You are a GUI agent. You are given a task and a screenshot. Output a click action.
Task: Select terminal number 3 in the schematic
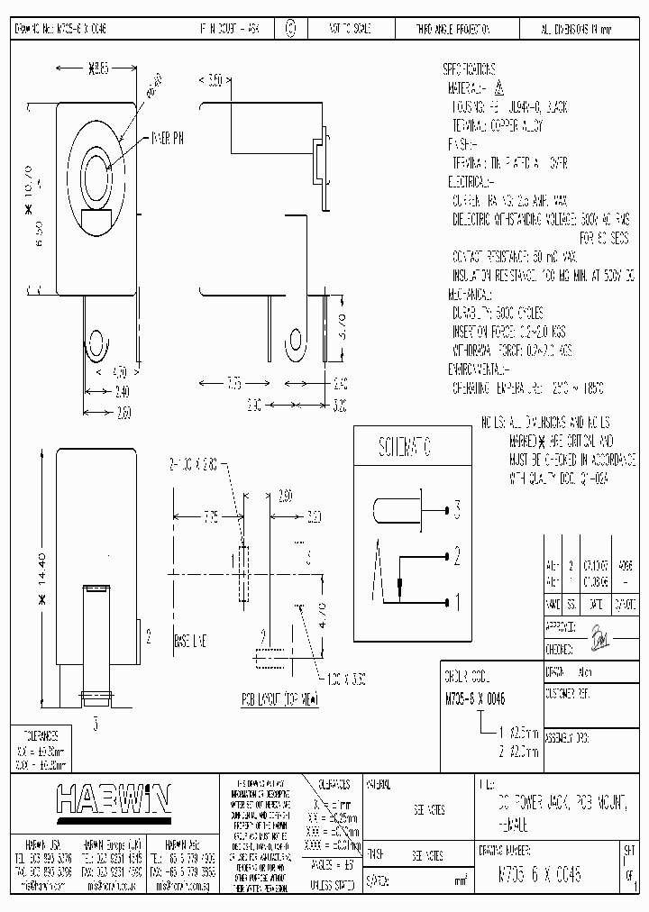pyautogui.click(x=457, y=511)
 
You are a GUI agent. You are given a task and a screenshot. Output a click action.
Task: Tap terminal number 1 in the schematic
pyautogui.click(x=457, y=598)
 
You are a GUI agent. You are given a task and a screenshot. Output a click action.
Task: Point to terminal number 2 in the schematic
pyautogui.click(x=457, y=555)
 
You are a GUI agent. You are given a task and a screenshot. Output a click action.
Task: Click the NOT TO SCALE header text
pyautogui.click(x=341, y=29)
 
